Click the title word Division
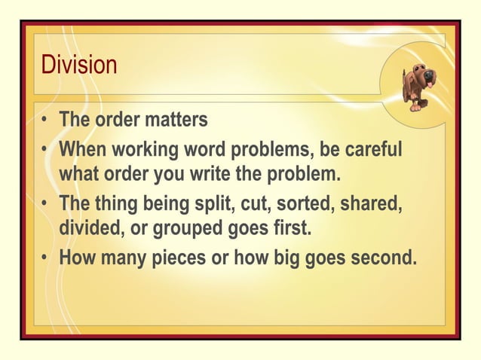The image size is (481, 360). click(79, 65)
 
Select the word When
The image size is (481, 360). click(82, 148)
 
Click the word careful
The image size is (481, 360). click(372, 148)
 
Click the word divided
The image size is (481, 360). click(89, 229)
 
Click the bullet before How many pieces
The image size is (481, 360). click(47, 258)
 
